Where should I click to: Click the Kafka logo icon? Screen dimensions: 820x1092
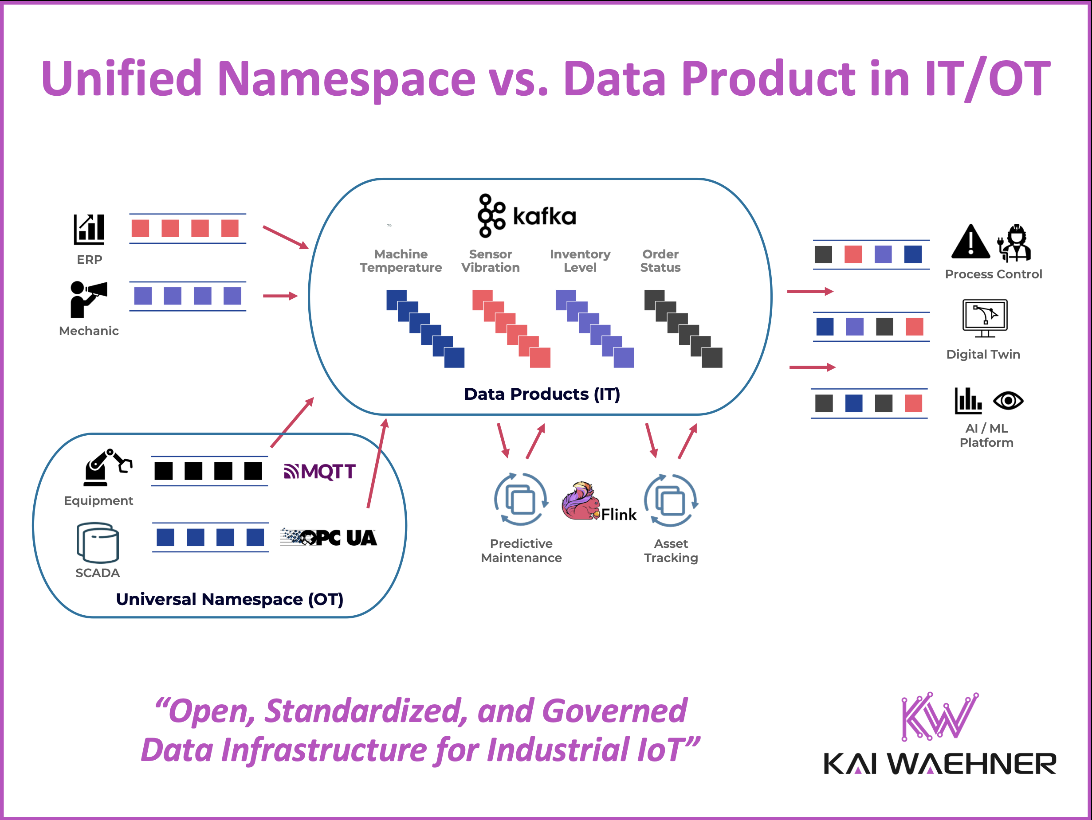[491, 215]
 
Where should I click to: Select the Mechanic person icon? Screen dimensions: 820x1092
[87, 300]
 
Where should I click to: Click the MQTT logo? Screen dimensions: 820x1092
[319, 472]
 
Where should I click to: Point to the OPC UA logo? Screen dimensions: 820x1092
[328, 537]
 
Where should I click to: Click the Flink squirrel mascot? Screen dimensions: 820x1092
[581, 501]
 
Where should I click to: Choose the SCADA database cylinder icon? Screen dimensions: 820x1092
[97, 543]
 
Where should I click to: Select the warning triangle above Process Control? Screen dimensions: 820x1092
[970, 242]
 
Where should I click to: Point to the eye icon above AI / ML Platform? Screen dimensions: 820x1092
[1008, 401]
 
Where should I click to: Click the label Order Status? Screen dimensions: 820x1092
[660, 261]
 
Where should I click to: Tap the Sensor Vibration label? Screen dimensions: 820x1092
[490, 261]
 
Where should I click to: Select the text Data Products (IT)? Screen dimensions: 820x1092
[542, 394]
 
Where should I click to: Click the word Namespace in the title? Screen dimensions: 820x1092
[346, 79]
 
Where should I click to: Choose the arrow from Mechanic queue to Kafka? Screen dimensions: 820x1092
[280, 296]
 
